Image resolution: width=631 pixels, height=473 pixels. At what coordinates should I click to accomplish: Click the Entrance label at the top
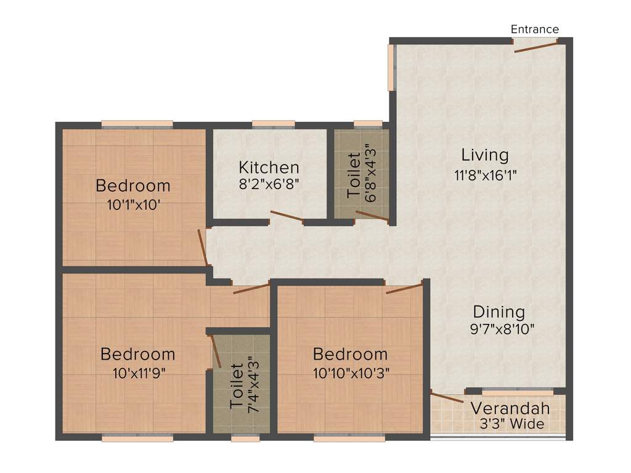pos(535,29)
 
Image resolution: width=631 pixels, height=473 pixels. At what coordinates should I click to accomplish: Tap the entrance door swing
pos(535,47)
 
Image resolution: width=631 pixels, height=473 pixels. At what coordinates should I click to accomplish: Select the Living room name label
pos(486,155)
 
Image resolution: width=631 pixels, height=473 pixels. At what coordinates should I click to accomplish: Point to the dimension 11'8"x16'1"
pos(485,175)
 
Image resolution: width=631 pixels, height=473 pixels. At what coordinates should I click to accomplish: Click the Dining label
pos(499,312)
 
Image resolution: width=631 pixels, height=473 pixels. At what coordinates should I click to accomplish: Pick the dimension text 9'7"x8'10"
pos(501,329)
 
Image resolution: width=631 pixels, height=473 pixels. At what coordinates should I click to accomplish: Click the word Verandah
pos(510,408)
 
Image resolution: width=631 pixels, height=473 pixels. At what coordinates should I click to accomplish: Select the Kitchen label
pos(269,168)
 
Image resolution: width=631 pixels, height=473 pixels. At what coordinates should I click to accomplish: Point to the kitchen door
pos(286,216)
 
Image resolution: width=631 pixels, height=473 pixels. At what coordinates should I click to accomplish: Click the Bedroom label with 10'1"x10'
pos(133,185)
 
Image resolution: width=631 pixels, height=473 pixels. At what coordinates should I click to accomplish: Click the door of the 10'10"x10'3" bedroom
pos(404,288)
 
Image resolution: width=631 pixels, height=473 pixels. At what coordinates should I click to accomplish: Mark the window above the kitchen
pos(273,124)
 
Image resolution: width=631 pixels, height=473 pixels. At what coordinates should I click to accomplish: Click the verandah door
pos(447,397)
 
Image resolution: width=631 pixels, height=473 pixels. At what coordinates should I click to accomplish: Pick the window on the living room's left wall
pos(391,68)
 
